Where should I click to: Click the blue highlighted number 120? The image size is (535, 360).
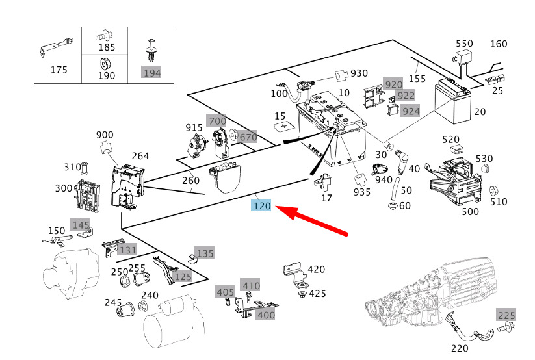tap(262, 207)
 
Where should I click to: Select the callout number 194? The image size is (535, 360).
tap(151, 72)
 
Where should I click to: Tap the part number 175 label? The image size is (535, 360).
tap(59, 70)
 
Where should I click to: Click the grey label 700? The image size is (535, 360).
tap(216, 120)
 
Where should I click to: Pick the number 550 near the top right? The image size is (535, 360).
tap(464, 44)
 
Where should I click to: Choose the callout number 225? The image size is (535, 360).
tap(506, 316)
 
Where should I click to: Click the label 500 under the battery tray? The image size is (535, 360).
tap(469, 211)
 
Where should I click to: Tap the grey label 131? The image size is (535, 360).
tap(127, 250)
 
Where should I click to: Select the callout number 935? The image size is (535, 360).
tap(361, 192)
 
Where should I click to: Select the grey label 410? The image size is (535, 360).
tap(250, 285)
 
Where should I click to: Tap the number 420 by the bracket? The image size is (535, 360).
tap(316, 269)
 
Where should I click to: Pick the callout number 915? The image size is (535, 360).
tap(194, 127)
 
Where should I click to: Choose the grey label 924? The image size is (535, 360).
tap(410, 110)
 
